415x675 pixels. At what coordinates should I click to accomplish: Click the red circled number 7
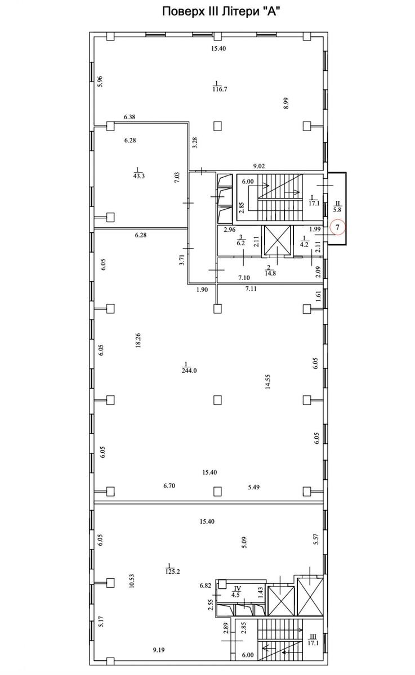[337, 227]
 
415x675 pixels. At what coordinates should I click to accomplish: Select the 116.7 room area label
[219, 87]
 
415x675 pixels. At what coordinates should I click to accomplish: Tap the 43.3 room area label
[139, 173]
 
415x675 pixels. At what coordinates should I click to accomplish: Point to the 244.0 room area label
[189, 368]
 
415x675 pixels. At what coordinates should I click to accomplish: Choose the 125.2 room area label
[172, 569]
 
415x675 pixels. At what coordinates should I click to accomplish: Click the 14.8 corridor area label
[270, 271]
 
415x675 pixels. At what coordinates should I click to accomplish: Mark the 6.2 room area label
[240, 241]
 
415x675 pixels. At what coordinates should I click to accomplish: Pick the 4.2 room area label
[304, 242]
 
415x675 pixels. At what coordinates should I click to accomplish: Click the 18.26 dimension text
[139, 340]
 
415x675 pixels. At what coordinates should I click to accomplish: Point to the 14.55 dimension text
[268, 381]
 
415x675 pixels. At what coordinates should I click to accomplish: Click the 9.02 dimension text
[259, 166]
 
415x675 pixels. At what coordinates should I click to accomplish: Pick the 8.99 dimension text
[286, 103]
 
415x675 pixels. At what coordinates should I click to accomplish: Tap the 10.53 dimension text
[132, 581]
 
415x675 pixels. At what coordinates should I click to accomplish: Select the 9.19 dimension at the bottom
[159, 647]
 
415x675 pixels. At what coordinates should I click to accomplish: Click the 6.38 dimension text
[130, 117]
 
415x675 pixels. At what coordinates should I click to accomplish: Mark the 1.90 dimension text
[202, 290]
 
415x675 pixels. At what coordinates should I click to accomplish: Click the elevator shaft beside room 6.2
[277, 241]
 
